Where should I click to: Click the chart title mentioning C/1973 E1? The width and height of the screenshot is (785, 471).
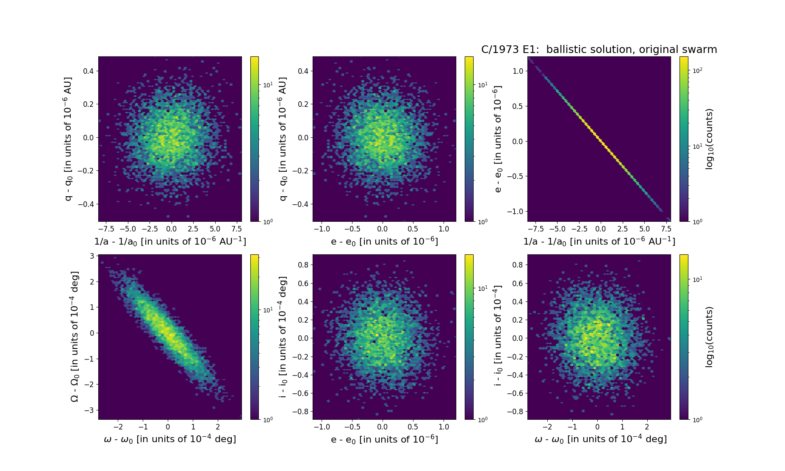click(599, 50)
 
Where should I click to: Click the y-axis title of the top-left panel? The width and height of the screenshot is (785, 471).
click(68, 139)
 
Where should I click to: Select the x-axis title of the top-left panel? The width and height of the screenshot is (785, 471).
click(170, 241)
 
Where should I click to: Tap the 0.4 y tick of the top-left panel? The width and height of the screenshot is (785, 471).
click(88, 71)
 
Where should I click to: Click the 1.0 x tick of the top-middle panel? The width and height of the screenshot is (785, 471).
click(444, 229)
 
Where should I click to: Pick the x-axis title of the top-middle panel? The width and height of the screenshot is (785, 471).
click(384, 241)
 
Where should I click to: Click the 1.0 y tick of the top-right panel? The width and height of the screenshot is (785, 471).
click(517, 71)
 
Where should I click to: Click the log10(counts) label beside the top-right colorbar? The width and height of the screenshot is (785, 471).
click(710, 139)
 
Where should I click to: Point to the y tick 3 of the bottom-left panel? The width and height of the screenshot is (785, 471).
click(92, 256)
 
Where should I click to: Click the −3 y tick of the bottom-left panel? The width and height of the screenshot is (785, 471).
click(90, 410)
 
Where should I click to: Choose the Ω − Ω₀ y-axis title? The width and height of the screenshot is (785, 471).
click(74, 337)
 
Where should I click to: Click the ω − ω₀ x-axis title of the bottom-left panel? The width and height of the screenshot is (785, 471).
click(170, 439)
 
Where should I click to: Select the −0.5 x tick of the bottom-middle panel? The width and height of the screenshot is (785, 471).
click(352, 427)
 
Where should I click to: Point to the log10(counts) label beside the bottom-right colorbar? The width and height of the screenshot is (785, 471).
click(710, 337)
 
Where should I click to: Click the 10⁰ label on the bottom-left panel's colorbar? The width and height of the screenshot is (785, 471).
click(268, 420)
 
